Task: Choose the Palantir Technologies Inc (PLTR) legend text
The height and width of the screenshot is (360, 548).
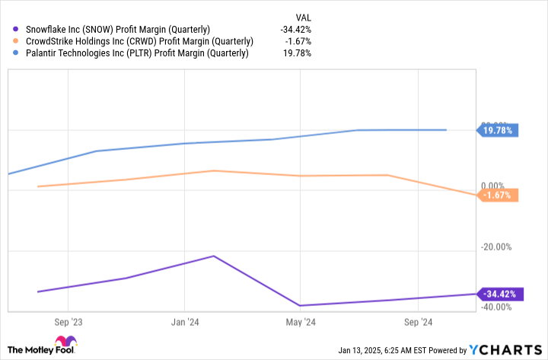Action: point(136,53)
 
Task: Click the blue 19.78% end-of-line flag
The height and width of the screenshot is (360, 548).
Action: point(498,130)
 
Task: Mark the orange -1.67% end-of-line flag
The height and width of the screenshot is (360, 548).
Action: point(498,196)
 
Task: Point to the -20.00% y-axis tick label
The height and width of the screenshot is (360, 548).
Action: point(497,247)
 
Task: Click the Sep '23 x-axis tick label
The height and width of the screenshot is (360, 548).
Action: point(69,321)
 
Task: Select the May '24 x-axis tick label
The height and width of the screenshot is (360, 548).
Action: point(301,321)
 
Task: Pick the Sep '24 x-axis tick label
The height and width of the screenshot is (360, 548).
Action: point(419,321)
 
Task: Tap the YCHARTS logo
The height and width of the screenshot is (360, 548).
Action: point(506,349)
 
